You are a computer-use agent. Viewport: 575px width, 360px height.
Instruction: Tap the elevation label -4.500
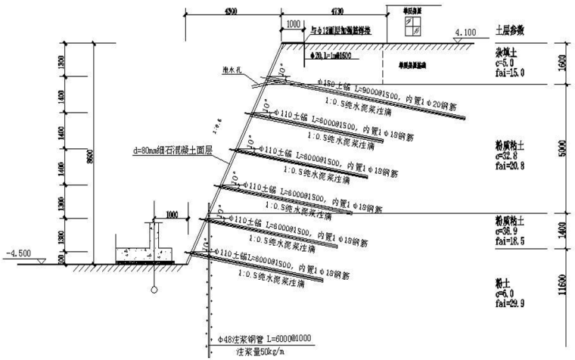pyautogui.click(x=17, y=253)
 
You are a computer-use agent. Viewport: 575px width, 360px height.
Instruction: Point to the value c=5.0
pyautogui.click(x=505, y=64)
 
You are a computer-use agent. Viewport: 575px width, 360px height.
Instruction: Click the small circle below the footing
pyautogui.click(x=154, y=290)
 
